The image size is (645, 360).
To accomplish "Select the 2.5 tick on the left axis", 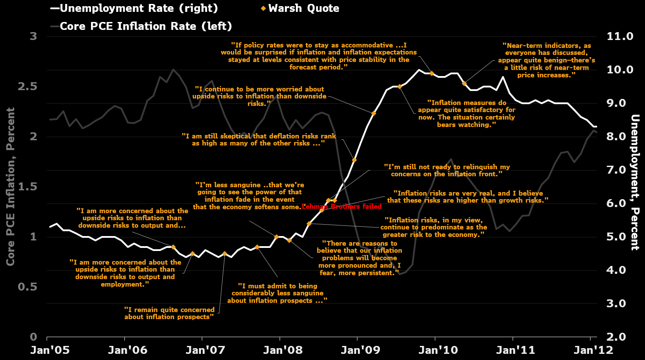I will pos(27,86).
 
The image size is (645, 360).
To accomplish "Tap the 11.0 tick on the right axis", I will pos(620,36).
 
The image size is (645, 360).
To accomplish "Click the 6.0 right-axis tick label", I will pos(616,203).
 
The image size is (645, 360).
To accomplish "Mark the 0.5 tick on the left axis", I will pos(27,287).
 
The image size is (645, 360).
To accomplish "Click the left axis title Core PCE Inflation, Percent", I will pos(11,186).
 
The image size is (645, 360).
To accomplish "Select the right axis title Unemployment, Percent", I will pos(634,182).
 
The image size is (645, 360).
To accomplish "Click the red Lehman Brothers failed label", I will pos(342,207).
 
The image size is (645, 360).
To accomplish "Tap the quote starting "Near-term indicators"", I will pos(547,60).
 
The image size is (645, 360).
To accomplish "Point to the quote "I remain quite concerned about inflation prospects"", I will pos(169,313).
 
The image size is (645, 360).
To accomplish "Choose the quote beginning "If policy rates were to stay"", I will pos(318,56).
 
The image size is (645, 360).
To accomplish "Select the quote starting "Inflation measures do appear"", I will pos(466,114).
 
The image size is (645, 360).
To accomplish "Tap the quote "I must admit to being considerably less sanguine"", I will pos(277,293).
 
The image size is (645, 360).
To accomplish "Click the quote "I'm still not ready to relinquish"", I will pos(446,170).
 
